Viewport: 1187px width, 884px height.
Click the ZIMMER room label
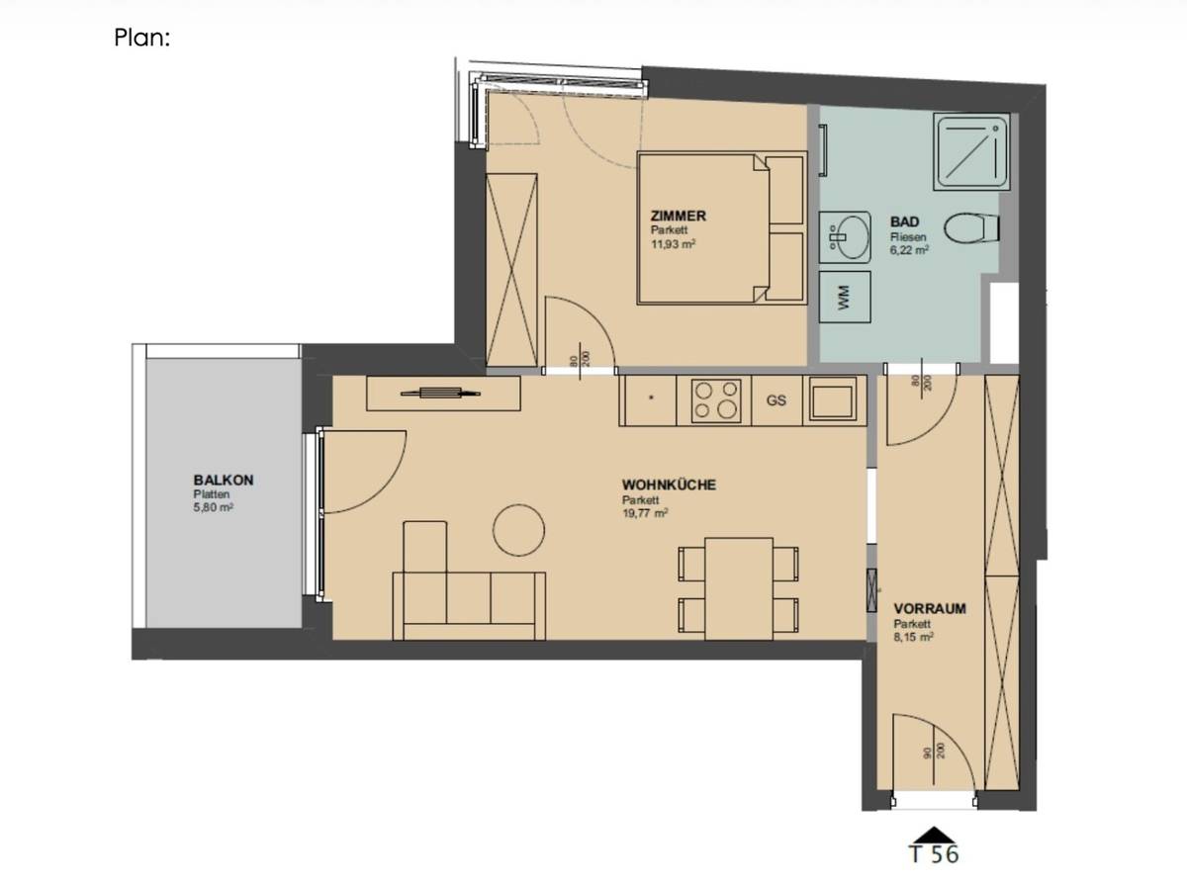[x=678, y=216]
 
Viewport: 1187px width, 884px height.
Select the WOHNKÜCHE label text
[x=669, y=485]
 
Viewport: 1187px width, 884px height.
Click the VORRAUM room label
[x=929, y=608]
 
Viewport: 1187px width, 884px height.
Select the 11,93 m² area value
[x=673, y=243]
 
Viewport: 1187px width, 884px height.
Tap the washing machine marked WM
[x=844, y=297]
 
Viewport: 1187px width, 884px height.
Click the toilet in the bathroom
[x=969, y=231]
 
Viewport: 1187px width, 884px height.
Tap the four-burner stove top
[x=716, y=400]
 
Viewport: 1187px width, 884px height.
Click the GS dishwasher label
[x=776, y=401]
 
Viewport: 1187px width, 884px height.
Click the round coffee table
[x=518, y=529]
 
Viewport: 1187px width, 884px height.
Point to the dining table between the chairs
[x=738, y=588]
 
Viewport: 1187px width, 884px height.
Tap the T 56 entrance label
[x=932, y=853]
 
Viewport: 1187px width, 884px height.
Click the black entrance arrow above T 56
[x=932, y=833]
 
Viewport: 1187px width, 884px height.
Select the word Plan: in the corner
[x=143, y=39]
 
